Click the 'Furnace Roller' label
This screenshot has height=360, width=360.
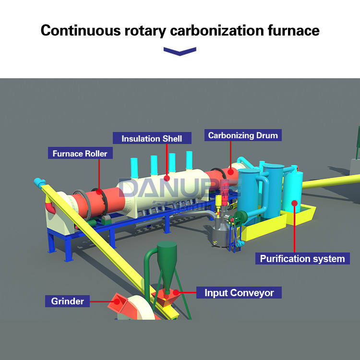[x=80, y=154]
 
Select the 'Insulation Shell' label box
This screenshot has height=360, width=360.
[x=152, y=138]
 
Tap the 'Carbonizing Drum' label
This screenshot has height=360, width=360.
[x=242, y=135]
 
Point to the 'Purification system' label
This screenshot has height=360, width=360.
[x=302, y=259]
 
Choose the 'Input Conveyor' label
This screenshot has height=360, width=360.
[x=239, y=292]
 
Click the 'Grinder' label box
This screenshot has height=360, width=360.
[x=68, y=301]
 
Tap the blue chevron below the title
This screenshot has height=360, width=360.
[x=180, y=51]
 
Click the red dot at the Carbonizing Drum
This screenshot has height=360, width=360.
[x=230, y=169]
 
